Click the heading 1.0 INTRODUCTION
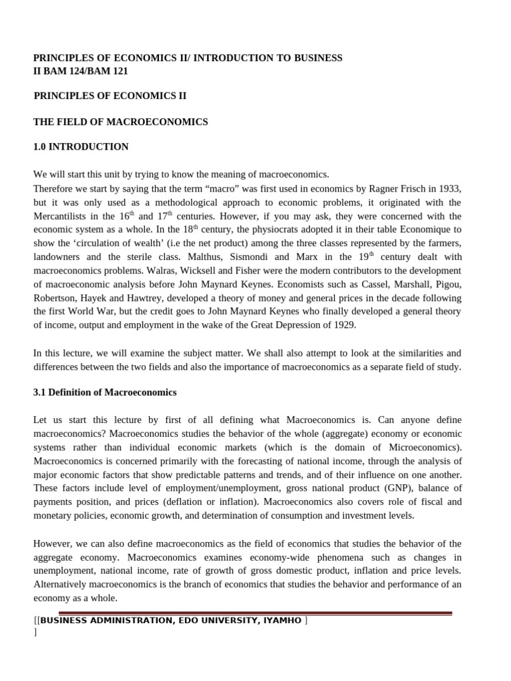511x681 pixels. [81, 146]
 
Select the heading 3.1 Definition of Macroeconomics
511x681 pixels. [104, 392]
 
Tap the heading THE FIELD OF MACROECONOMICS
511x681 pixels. [120, 122]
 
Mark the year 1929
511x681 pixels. [344, 325]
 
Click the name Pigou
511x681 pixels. [447, 284]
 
